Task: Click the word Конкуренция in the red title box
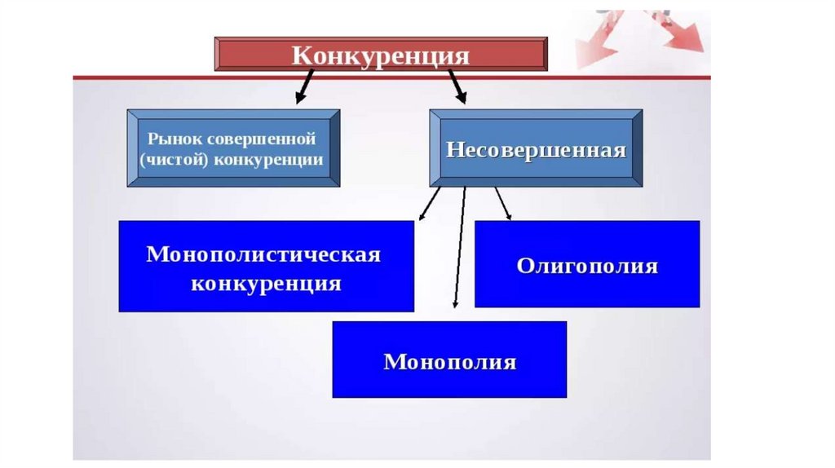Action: pos(381,55)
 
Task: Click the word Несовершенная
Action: pos(536,150)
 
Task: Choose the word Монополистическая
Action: pos(263,254)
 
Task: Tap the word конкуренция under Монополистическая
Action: pos(266,284)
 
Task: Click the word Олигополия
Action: pos(587,267)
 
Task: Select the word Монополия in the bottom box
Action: pos(449,361)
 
